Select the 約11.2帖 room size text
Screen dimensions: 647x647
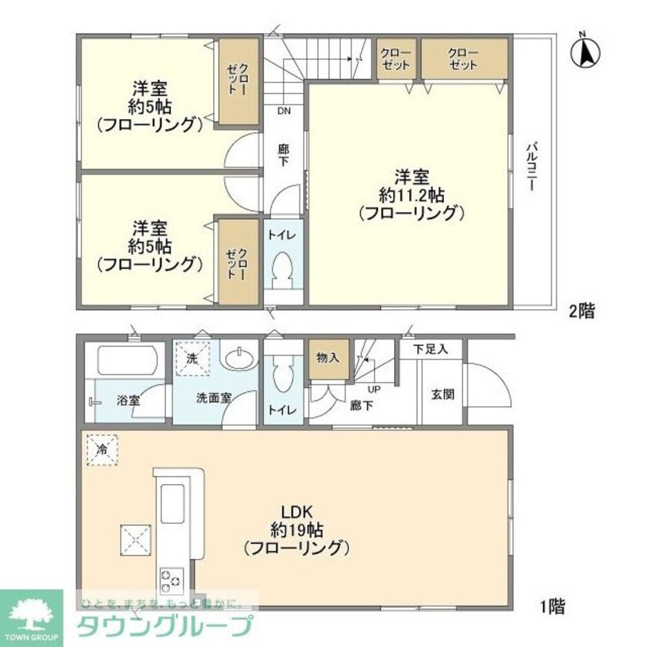pyautogui.click(x=411, y=193)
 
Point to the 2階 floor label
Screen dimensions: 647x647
pyautogui.click(x=581, y=311)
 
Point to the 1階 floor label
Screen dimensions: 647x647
pyautogui.click(x=553, y=606)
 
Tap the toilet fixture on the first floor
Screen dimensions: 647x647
pyautogui.click(x=283, y=375)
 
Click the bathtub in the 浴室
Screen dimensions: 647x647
pyautogui.click(x=127, y=360)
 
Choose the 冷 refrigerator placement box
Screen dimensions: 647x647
pyautogui.click(x=103, y=449)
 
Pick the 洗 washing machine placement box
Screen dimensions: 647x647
pyautogui.click(x=193, y=357)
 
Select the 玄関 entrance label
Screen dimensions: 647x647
pyautogui.click(x=443, y=394)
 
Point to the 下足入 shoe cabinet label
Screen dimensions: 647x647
pyautogui.click(x=430, y=349)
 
